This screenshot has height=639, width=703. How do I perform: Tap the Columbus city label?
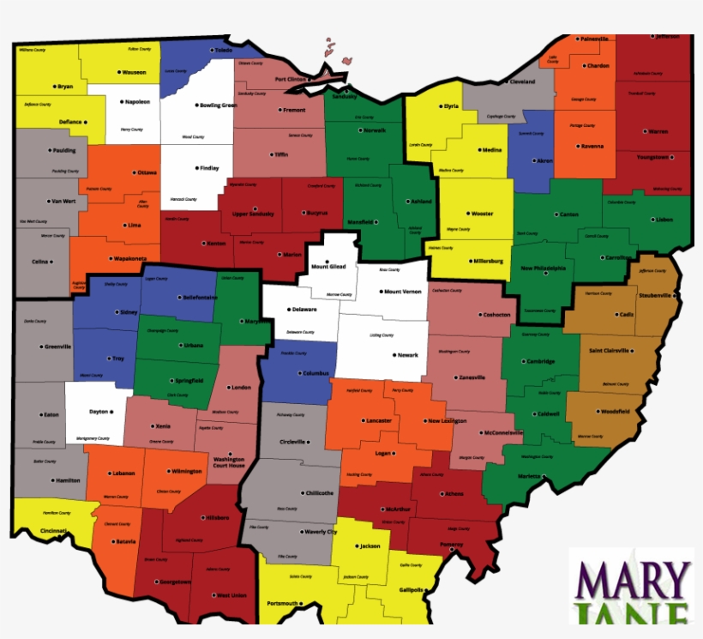(x=315, y=373)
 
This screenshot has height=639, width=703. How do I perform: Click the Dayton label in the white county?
(x=99, y=412)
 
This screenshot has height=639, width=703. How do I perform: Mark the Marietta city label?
(x=531, y=476)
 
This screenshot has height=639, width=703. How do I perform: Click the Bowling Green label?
(x=218, y=105)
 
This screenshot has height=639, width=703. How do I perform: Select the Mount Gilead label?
(x=328, y=267)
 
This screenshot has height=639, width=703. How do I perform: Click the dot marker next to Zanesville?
(x=454, y=377)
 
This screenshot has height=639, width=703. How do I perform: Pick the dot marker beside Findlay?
(x=196, y=168)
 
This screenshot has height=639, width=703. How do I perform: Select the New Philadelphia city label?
(x=544, y=268)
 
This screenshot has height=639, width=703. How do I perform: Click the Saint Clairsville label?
(x=610, y=350)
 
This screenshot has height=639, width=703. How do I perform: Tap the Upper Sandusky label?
(x=253, y=214)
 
